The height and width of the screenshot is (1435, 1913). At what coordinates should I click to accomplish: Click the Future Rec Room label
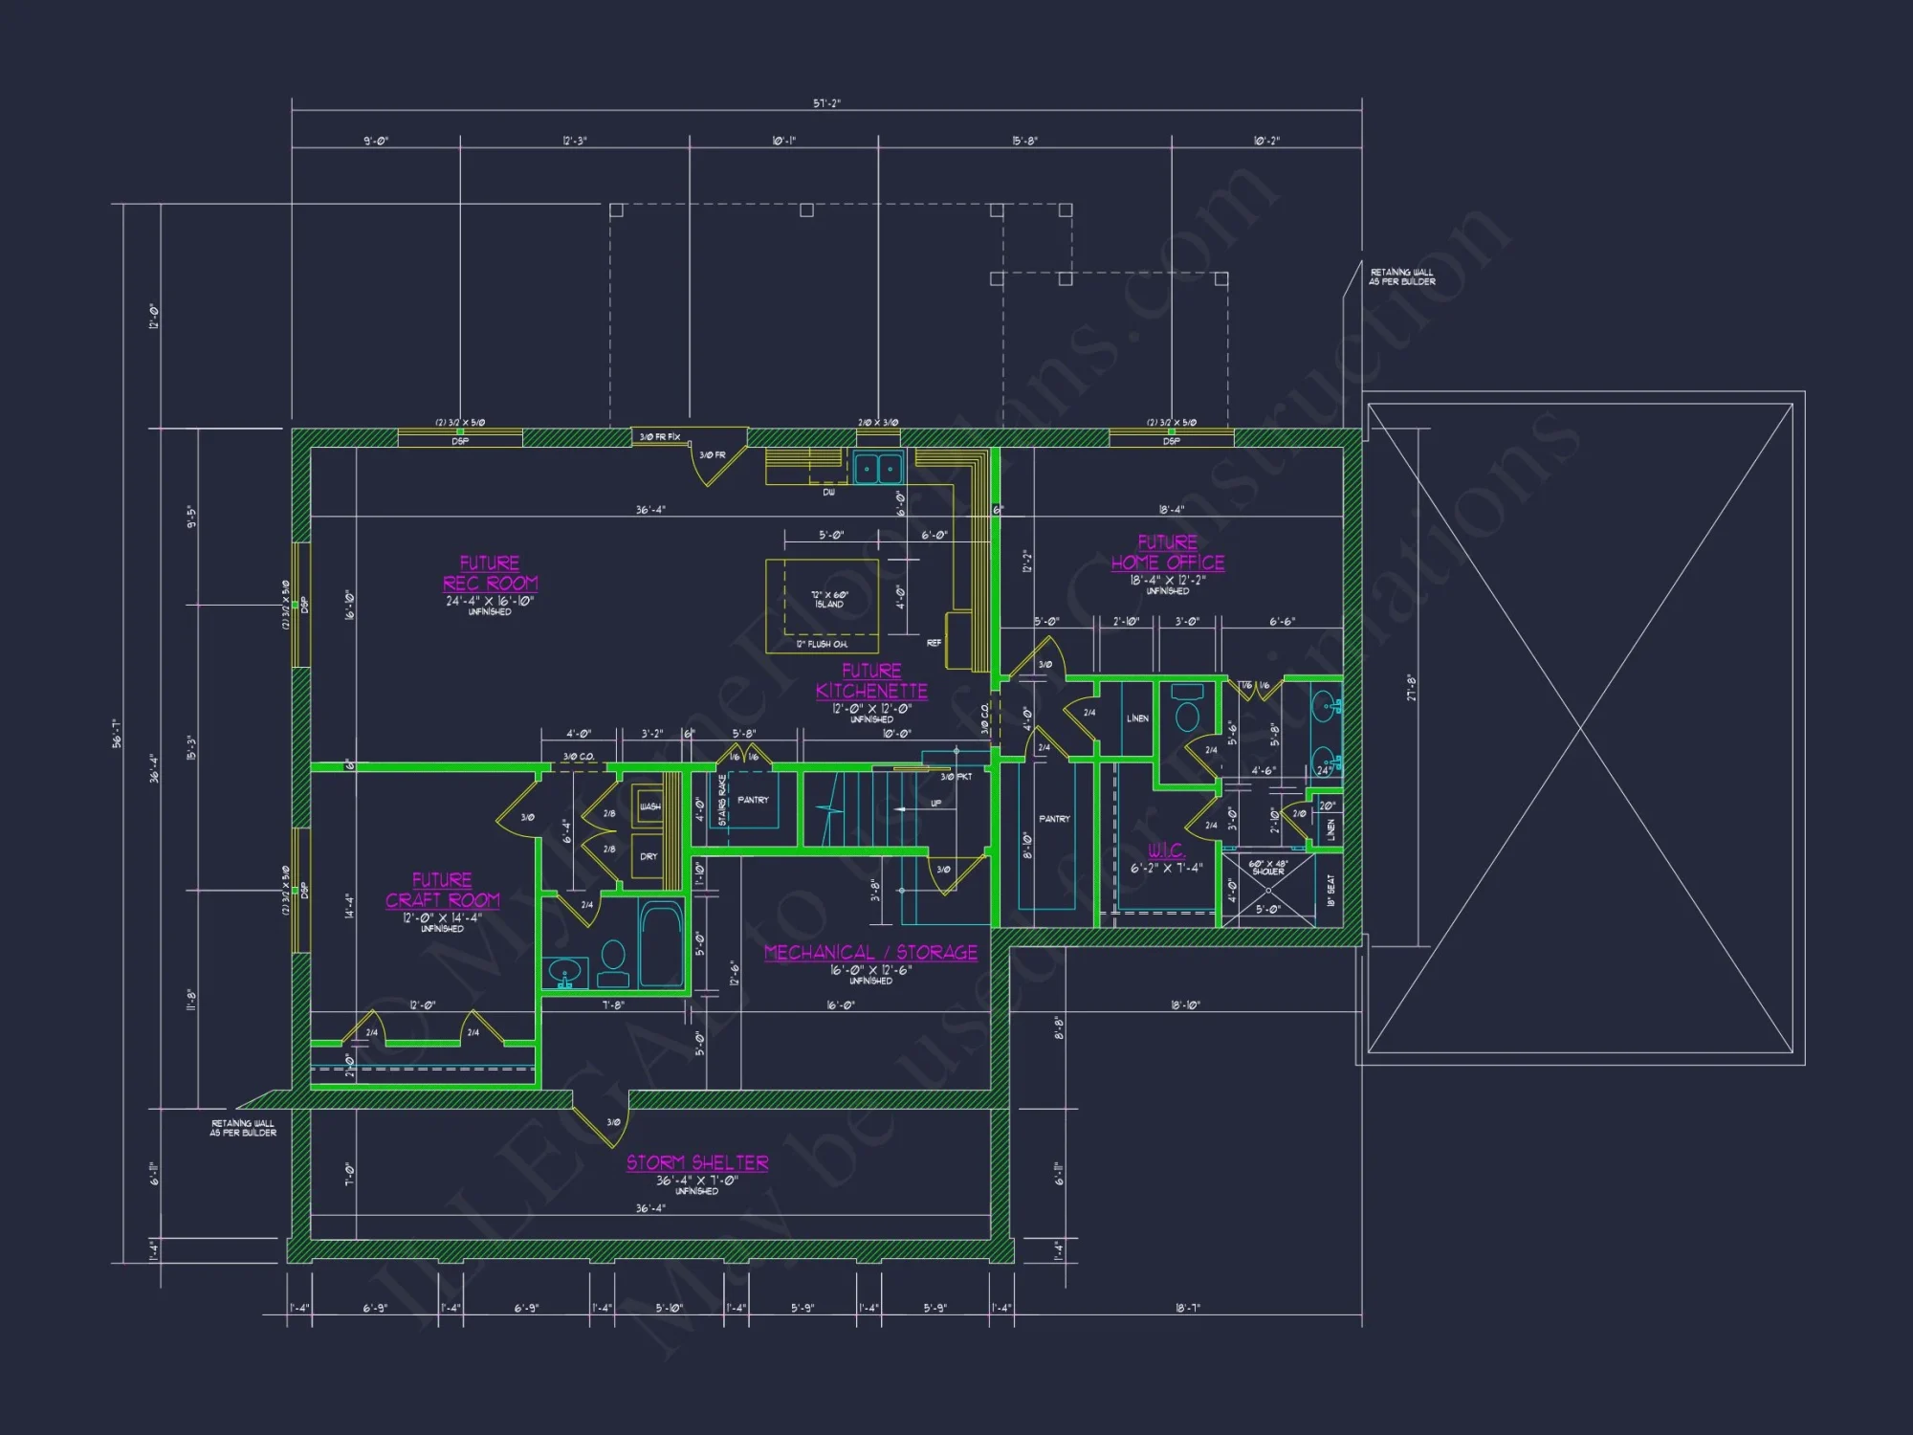[490, 573]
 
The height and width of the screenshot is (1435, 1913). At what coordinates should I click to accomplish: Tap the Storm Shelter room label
[697, 1163]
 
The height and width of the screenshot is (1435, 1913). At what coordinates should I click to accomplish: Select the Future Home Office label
[1167, 553]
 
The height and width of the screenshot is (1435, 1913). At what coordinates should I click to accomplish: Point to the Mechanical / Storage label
[870, 953]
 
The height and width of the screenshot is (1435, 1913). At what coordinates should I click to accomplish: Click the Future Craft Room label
[442, 891]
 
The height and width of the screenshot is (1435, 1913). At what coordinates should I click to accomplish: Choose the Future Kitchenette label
[871, 681]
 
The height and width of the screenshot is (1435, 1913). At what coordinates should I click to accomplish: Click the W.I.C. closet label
[1166, 850]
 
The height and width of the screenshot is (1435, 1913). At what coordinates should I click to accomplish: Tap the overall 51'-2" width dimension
[826, 103]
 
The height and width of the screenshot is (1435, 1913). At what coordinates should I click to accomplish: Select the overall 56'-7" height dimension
[117, 733]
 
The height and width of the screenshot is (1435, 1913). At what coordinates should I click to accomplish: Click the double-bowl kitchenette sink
[878, 469]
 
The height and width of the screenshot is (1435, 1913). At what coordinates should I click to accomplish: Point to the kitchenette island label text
[829, 600]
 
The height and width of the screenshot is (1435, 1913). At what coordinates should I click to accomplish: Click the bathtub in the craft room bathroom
[660, 942]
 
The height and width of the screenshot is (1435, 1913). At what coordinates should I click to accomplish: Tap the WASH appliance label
[649, 806]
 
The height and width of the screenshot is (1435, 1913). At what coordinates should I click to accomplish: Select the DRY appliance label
[649, 856]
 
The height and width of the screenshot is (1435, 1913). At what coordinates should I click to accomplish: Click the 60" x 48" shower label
[1267, 868]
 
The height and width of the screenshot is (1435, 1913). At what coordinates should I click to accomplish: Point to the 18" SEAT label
[1330, 891]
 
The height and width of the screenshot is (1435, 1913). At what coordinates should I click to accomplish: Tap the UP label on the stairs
[935, 804]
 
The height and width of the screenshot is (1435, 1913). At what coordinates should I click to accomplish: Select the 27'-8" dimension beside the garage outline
[1411, 687]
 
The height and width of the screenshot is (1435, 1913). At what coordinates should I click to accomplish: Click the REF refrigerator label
[934, 643]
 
